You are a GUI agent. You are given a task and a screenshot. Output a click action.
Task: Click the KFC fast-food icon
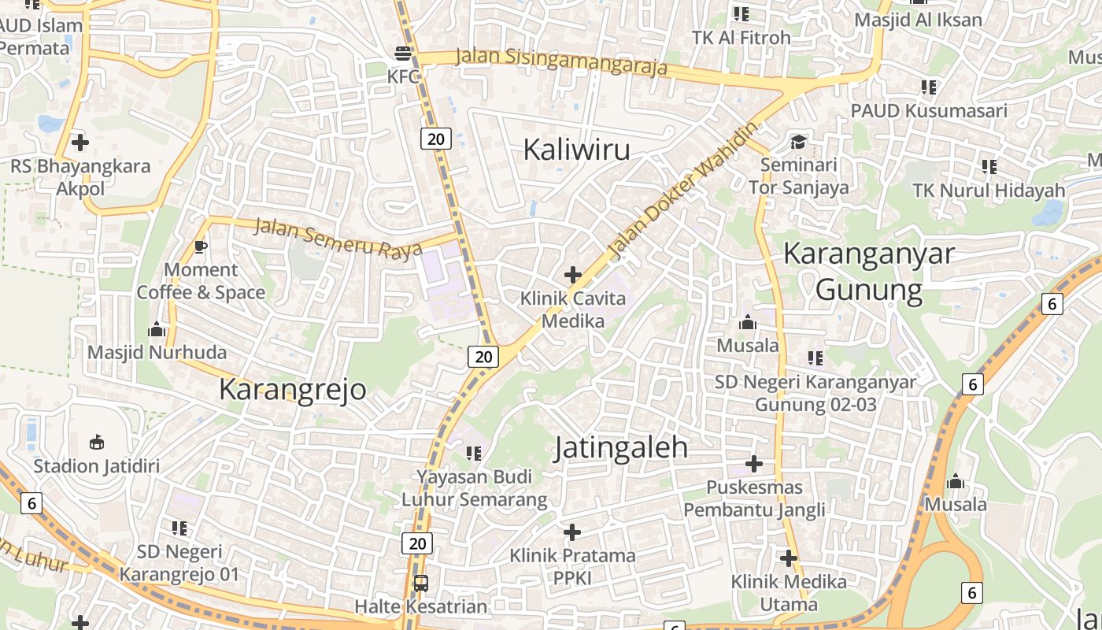(403, 54)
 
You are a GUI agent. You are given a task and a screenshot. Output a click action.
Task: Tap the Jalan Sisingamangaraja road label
(561, 62)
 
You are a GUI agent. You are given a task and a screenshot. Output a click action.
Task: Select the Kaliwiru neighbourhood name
(576, 149)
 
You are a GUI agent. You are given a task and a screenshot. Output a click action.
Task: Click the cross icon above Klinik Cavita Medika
(573, 275)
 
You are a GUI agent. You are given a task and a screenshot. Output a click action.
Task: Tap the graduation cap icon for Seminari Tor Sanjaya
(799, 143)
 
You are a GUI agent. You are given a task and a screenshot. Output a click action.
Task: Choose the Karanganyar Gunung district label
(869, 272)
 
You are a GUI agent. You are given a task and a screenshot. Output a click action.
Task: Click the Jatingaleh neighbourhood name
(621, 447)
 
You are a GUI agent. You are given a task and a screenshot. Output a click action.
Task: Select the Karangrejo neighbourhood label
(292, 389)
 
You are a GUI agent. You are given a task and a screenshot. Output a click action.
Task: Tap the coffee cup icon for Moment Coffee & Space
(201, 246)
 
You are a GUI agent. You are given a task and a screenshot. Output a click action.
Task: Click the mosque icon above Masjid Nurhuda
(157, 328)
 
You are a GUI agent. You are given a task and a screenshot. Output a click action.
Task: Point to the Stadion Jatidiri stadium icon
(97, 442)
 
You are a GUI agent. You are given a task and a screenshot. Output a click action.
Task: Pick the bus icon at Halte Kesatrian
(421, 584)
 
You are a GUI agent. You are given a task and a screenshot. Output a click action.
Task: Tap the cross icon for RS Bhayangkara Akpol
(80, 143)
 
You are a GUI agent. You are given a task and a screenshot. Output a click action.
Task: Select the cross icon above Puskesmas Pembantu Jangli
(754, 463)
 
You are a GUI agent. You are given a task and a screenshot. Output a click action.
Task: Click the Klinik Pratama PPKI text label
(572, 567)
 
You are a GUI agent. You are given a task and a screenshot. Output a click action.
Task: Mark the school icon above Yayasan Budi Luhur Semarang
(474, 453)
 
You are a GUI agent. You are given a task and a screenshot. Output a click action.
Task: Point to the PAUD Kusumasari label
(929, 110)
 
